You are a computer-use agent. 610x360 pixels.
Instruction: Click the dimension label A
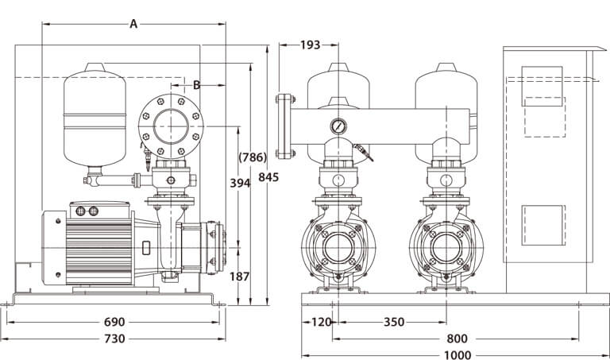[x=133, y=24]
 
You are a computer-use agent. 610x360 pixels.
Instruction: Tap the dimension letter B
[x=196, y=83]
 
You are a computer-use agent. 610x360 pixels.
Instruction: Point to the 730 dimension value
[x=114, y=339]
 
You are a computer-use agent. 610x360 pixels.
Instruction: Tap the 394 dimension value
[x=239, y=184]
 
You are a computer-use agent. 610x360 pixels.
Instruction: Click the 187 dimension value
[x=239, y=277]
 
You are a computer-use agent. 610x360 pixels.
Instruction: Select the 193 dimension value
[x=311, y=45]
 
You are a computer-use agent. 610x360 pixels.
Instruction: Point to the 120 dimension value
[x=321, y=322]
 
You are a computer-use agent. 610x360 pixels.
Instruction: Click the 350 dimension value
[x=392, y=322]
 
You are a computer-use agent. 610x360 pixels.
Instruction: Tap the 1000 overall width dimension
[x=457, y=354]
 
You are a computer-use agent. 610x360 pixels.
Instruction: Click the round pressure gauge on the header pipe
[x=339, y=126]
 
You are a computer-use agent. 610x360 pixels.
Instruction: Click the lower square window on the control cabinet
[x=542, y=229]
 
